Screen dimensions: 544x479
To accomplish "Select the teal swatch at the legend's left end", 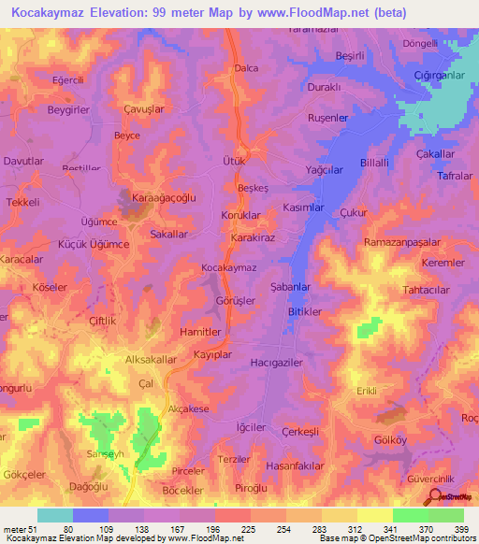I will tap(55, 515).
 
